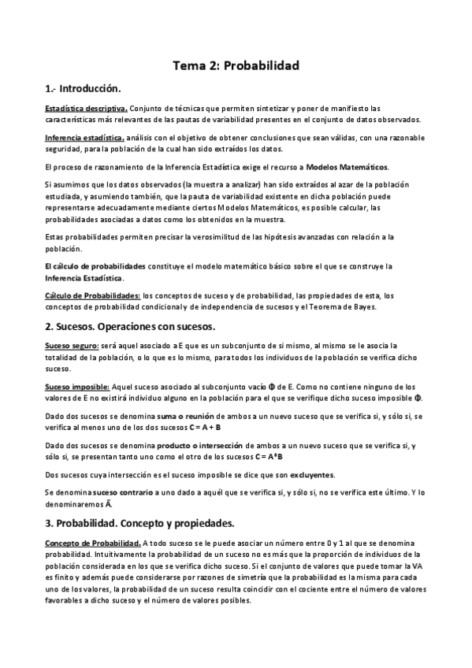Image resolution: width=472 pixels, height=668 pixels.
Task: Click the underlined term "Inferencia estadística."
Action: click(x=84, y=138)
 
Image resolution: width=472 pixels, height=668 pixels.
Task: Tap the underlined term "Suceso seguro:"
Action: click(x=72, y=346)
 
